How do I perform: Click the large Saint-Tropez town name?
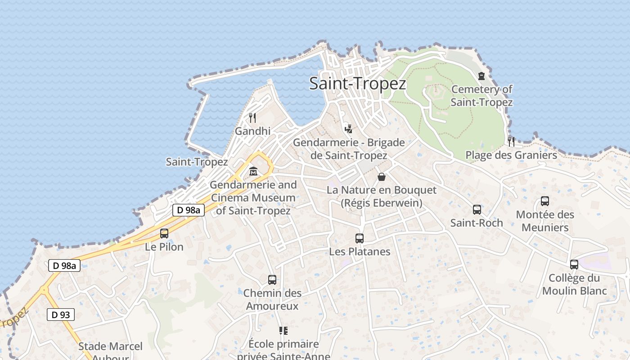pyautogui.click(x=358, y=84)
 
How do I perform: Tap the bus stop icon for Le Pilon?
pyautogui.click(x=164, y=234)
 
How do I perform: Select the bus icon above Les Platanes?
pyautogui.click(x=359, y=238)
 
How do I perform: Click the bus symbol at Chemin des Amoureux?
pyautogui.click(x=272, y=280)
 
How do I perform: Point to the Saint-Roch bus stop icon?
pyautogui.click(x=477, y=210)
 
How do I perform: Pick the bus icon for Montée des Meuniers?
pyautogui.click(x=544, y=201)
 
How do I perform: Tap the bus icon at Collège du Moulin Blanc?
pyautogui.click(x=574, y=265)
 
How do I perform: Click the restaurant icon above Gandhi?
pyautogui.click(x=252, y=118)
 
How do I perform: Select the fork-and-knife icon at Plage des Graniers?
pyautogui.click(x=511, y=141)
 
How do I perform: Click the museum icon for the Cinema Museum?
pyautogui.click(x=253, y=171)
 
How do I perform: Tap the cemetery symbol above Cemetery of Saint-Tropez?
pyautogui.click(x=481, y=76)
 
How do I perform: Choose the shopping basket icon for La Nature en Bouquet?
pyautogui.click(x=382, y=177)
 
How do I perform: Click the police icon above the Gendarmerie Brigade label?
pyautogui.click(x=348, y=129)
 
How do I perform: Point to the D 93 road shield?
pyautogui.click(x=61, y=315)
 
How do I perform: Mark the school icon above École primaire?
pyautogui.click(x=283, y=331)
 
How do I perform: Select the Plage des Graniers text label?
pyautogui.click(x=511, y=155)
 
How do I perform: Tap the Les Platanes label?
pyautogui.click(x=360, y=252)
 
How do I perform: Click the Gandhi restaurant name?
pyautogui.click(x=252, y=131)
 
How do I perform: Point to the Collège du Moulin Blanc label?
pyautogui.click(x=574, y=284)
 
